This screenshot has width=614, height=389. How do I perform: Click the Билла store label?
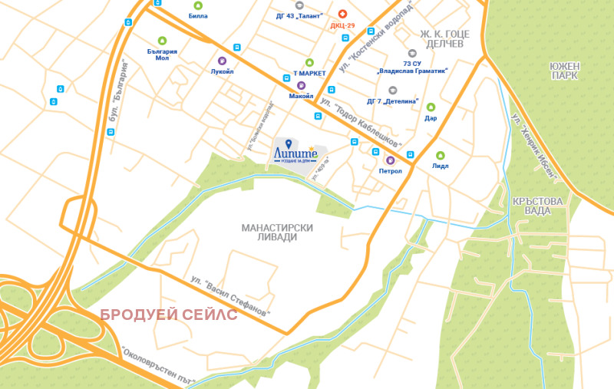tap(198, 15)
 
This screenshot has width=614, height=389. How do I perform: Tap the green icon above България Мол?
tap(162, 41)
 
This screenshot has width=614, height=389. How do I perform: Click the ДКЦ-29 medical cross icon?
tap(342, 14)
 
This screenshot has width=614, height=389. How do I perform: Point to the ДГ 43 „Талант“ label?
tap(299, 15)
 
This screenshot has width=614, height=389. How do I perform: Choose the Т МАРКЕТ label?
tap(309, 73)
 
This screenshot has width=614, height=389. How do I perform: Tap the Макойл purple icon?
tap(301, 85)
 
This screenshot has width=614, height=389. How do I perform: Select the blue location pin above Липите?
tap(288, 143)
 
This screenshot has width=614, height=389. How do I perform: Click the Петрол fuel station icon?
tap(390, 160)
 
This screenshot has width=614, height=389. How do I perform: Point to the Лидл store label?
tap(441, 166)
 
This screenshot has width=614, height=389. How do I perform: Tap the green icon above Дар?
tap(431, 107)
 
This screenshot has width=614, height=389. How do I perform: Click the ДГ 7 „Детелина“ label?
tap(391, 101)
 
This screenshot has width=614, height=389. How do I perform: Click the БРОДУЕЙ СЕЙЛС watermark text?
tap(170, 315)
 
